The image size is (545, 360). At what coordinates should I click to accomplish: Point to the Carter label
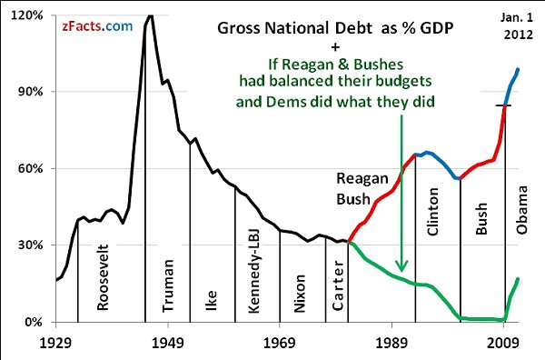click(337, 288)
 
